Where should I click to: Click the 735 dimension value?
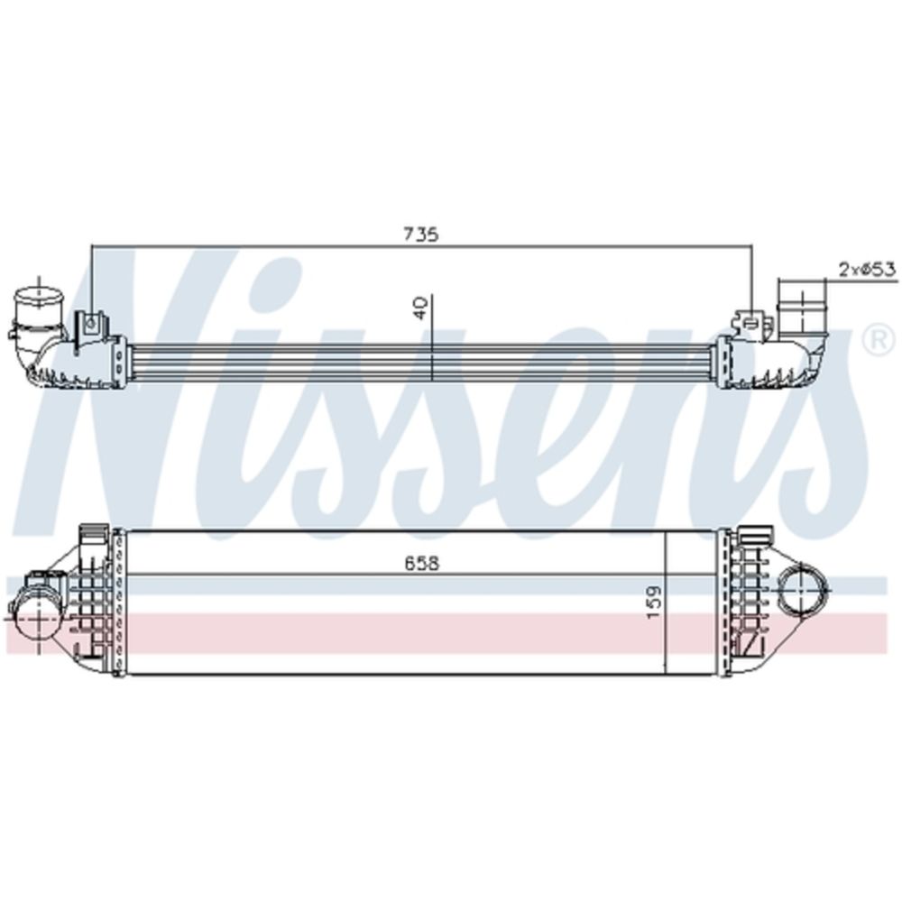pyautogui.click(x=421, y=235)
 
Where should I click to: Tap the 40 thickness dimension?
pyautogui.click(x=420, y=308)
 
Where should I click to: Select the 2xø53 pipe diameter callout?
pyautogui.click(x=868, y=269)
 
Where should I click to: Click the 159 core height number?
pyautogui.click(x=655, y=603)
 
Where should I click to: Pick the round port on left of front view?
pyautogui.click(x=36, y=618)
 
